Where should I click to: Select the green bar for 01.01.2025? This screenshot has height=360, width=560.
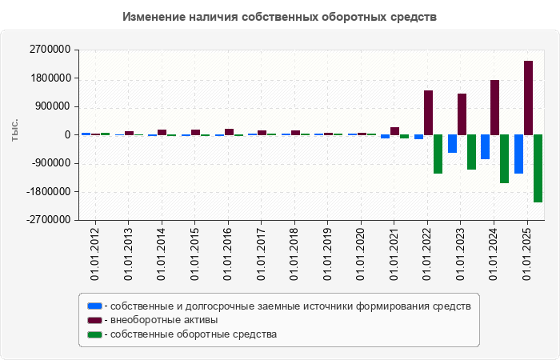(x=538, y=168)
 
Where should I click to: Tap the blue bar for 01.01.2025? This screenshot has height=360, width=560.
(x=518, y=154)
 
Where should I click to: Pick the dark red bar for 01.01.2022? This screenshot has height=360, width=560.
(x=428, y=112)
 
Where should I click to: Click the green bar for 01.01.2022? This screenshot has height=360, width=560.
(x=438, y=154)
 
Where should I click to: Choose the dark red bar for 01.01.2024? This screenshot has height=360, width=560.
(x=494, y=107)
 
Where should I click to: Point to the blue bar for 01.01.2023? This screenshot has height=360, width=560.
(x=452, y=143)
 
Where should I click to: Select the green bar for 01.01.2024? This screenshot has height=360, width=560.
(x=504, y=158)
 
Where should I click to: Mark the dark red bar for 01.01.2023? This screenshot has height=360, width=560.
(x=462, y=114)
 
